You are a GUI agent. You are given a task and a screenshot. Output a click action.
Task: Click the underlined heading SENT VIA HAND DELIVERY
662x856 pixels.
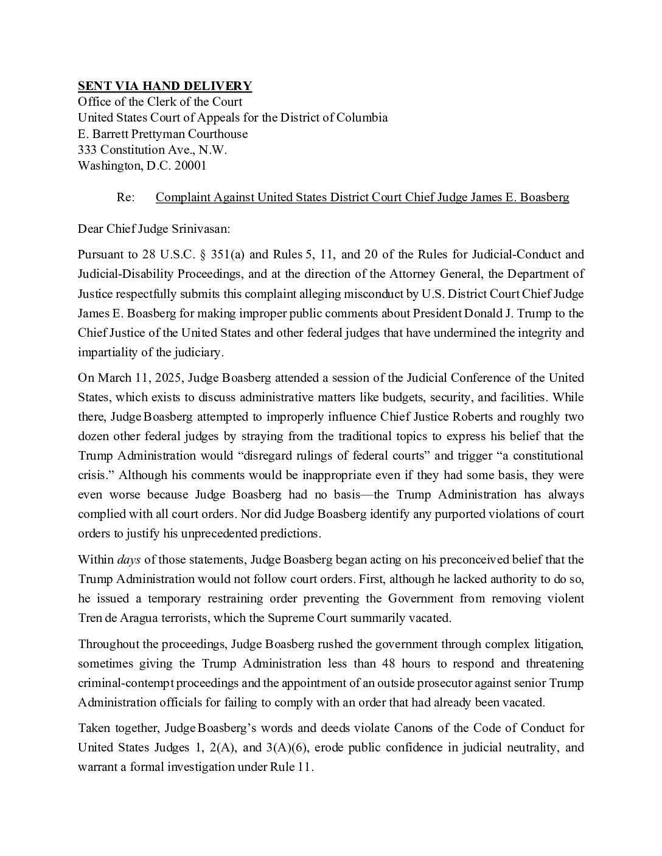click(x=164, y=86)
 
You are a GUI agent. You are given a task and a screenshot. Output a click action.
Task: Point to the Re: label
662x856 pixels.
click(x=125, y=198)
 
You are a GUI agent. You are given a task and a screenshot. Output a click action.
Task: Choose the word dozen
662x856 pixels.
click(x=94, y=437)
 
